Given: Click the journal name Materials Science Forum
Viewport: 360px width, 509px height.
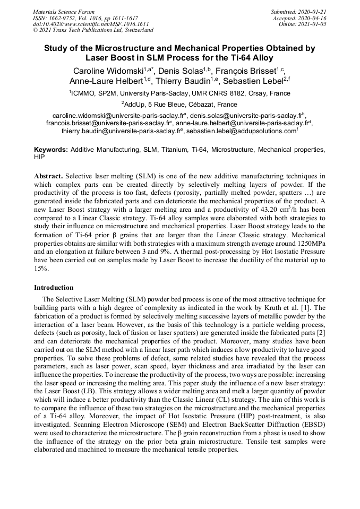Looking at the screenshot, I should tap(64, 11).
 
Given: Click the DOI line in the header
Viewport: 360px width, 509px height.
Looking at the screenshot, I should tap(91, 24).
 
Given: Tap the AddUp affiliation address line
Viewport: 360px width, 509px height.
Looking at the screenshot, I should tap(179, 105).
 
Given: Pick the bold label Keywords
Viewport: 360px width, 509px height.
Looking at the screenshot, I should tap(51, 150).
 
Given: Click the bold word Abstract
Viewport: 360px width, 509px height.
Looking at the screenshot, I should tap(49, 175).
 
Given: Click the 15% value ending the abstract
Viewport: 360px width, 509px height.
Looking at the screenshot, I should tap(40, 269).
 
